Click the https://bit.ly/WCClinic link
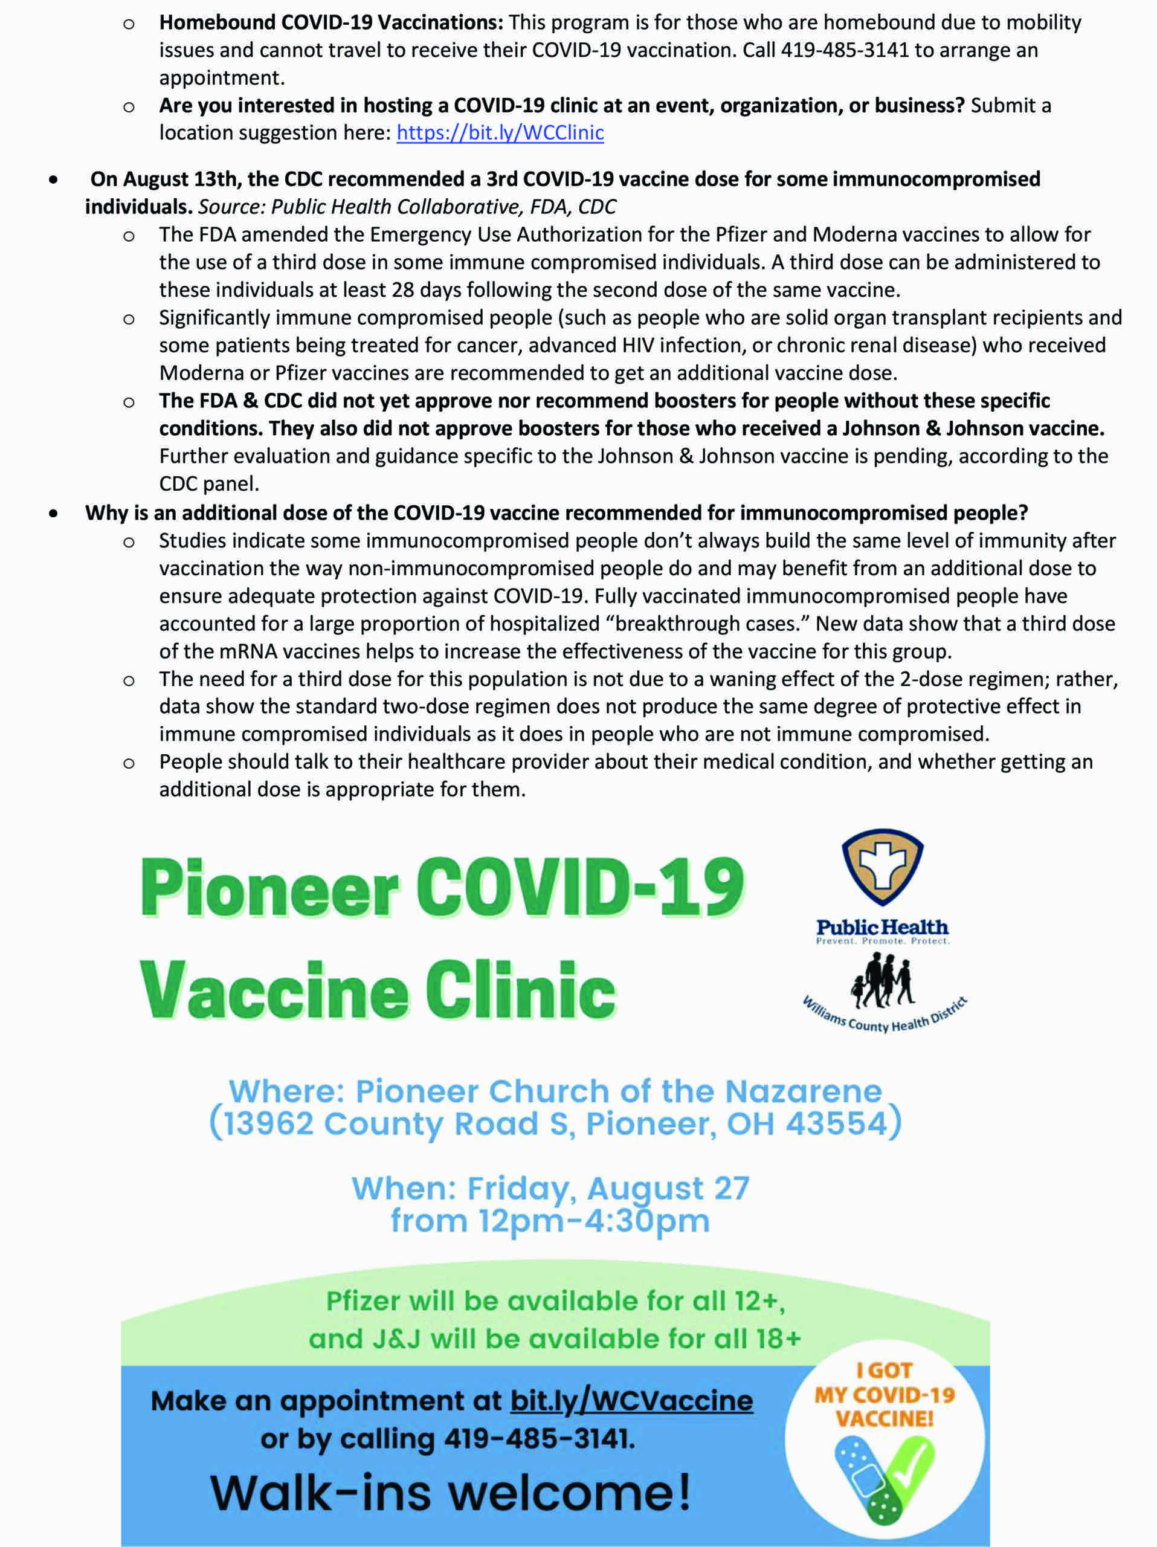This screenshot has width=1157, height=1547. point(500,133)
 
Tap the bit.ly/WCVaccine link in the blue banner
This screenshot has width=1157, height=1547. point(631,1401)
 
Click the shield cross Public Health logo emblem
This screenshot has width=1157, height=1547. point(882,867)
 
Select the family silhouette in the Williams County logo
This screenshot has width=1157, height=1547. point(881,981)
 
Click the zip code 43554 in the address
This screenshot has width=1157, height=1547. point(836,1124)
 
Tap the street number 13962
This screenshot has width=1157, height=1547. point(268,1124)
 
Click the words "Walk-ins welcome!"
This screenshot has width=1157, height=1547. point(450,1493)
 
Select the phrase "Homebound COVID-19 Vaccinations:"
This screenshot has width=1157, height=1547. point(330,22)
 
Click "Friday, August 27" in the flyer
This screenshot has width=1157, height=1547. point(608,1188)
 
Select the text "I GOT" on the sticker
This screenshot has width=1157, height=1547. point(885,1370)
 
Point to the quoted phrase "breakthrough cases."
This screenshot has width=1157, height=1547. point(706,623)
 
